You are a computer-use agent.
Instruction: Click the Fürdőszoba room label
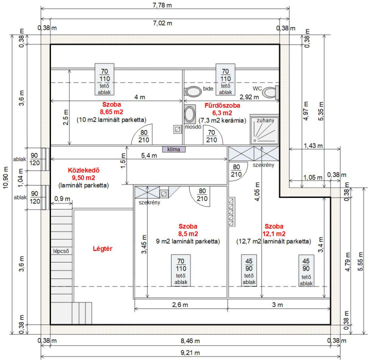click(222, 105)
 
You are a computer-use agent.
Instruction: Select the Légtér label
click(102, 248)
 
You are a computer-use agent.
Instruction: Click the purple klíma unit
click(173, 149)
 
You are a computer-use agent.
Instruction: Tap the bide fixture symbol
click(192, 92)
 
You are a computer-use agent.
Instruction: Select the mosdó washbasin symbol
click(190, 114)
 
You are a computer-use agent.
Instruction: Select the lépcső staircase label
click(61, 250)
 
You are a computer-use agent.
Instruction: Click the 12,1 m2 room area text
click(275, 233)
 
